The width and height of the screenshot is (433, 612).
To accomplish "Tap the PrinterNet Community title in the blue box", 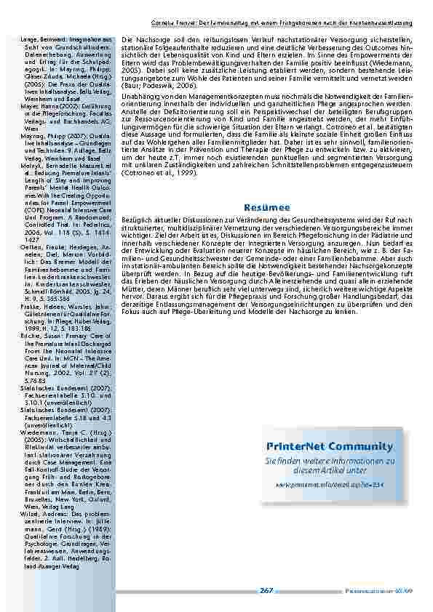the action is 330,446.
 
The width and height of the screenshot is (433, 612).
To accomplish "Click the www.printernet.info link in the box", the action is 330,483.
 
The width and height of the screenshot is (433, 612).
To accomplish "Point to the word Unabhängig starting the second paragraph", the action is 138,96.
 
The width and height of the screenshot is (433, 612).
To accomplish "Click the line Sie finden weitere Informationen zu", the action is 330,461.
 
